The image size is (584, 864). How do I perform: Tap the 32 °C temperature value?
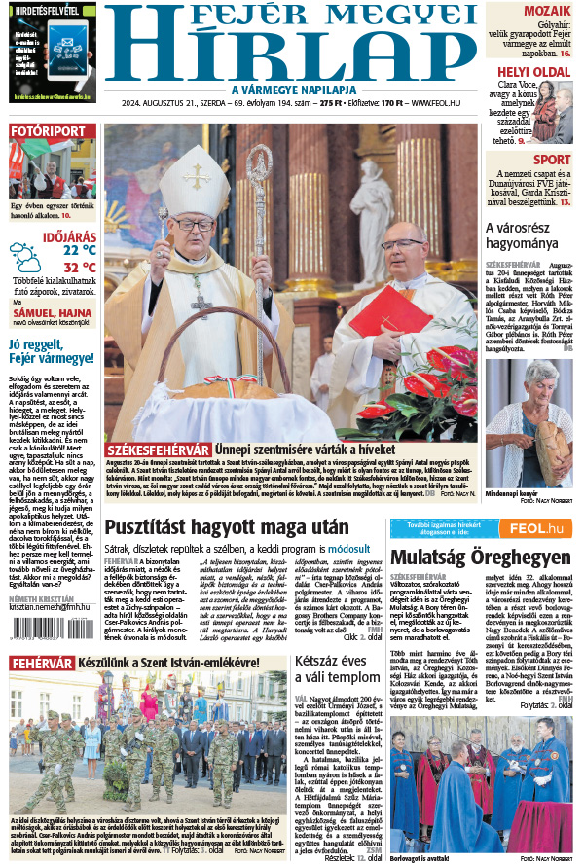79,268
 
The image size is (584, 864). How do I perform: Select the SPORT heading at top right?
552,160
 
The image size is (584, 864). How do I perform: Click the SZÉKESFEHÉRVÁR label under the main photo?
159,450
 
